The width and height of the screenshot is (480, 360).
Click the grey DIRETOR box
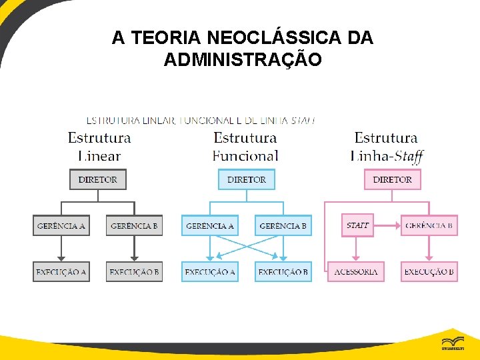(97, 179)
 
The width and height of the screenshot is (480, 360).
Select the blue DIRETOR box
(246, 179)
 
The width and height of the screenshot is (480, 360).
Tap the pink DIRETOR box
(392, 179)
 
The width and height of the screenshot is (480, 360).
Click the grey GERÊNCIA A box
(61, 225)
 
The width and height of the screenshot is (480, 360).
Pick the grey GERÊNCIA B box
(134, 225)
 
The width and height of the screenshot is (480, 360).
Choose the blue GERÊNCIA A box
(210, 225)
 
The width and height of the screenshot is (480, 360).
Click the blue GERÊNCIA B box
(283, 225)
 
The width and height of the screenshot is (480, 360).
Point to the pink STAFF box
(357, 225)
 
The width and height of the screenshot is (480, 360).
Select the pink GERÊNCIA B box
(429, 225)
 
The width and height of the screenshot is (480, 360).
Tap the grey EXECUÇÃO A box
(61, 272)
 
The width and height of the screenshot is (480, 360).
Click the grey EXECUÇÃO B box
(134, 272)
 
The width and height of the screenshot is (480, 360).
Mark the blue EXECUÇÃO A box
(210, 272)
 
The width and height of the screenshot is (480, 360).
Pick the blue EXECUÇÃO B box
(283, 272)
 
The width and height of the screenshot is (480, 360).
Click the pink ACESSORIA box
(356, 272)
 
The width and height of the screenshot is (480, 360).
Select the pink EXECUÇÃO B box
(429, 272)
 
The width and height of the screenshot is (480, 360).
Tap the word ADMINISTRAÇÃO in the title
(243, 60)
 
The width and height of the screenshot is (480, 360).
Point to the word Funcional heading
(245, 156)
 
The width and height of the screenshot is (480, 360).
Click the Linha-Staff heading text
(387, 156)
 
